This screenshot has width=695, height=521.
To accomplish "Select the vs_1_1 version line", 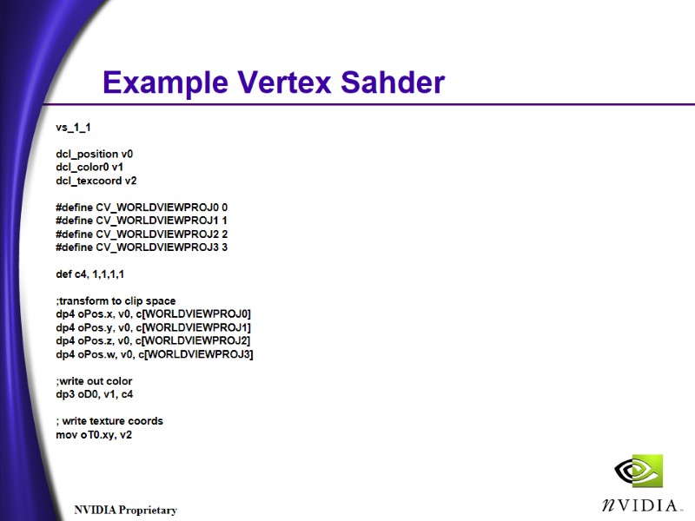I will pos(74,127).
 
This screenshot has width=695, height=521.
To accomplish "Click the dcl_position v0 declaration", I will pos(95,154).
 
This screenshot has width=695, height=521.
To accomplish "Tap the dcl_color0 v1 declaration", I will pos(89,167).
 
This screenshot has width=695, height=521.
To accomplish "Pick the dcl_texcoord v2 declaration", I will pos(96,181).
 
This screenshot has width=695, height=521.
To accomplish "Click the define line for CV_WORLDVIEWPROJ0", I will pos(142,208).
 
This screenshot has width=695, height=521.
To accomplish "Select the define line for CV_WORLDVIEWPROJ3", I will pos(142,247).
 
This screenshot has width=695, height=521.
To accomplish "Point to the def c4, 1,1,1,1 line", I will pos(90,274).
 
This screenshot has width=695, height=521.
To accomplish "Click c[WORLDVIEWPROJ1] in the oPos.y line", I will pos(193,327).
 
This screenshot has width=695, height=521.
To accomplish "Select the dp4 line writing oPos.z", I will pos(153,340).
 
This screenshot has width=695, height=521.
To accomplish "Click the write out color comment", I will pos(94,381).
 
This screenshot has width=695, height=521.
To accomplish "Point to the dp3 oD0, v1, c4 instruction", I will pos(95,394).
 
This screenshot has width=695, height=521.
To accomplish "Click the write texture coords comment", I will pos(109,421).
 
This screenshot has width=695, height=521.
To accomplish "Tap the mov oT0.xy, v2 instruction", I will pos(94,434).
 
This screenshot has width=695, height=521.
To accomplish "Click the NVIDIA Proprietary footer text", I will pos(125,510).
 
